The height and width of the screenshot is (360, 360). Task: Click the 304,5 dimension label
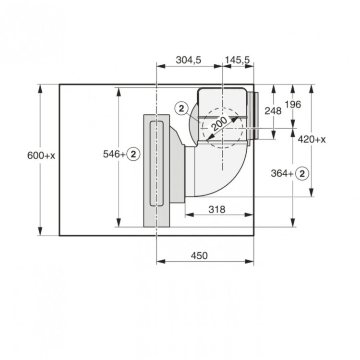(x=188, y=60)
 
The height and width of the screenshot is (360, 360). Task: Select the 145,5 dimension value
(x=237, y=60)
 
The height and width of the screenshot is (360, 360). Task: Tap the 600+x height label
(x=41, y=156)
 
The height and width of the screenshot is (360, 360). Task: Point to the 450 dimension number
(x=199, y=255)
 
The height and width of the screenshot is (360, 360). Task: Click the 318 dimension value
(x=217, y=209)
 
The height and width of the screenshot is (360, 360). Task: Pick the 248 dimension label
(x=273, y=111)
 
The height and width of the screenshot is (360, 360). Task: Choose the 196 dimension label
(x=293, y=105)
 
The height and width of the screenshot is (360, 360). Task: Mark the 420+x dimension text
(x=312, y=139)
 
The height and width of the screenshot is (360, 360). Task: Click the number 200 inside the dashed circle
(x=219, y=124)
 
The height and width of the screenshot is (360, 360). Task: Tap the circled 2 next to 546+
(x=133, y=154)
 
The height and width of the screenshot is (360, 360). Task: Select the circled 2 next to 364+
(x=302, y=173)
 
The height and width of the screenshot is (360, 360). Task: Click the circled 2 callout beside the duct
(x=181, y=108)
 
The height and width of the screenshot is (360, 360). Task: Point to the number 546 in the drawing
(x=111, y=154)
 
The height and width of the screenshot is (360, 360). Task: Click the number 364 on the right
(x=279, y=173)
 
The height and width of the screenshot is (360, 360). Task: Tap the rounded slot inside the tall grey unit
(x=156, y=163)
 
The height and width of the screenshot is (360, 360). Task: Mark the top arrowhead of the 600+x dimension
(x=40, y=89)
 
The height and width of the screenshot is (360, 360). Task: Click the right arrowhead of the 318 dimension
(x=249, y=215)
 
